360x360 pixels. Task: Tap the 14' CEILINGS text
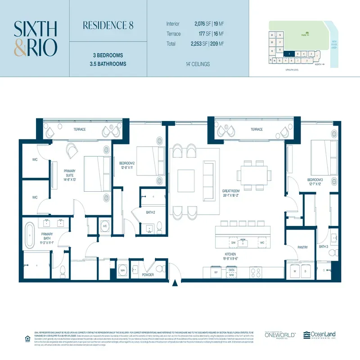[197, 64]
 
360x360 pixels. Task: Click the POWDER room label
[148, 274]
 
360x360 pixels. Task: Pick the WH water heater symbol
[122, 270]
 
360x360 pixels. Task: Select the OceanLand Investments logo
[319, 335]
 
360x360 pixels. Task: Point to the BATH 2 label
[150, 213]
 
